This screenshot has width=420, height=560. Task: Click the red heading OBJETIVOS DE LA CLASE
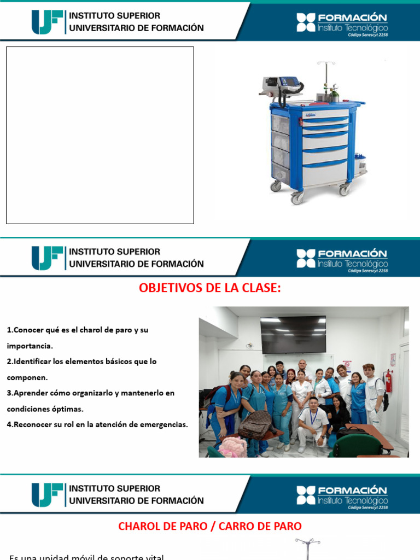click(209, 288)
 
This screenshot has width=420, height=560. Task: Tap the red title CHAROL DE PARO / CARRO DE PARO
click(209, 526)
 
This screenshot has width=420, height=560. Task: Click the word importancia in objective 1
click(29, 346)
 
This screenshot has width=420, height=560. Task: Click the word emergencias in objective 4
click(161, 424)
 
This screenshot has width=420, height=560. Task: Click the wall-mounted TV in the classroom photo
click(293, 334)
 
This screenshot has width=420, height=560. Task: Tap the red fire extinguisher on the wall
click(388, 381)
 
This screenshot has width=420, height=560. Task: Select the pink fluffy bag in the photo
click(232, 446)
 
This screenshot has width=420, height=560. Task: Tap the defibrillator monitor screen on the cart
click(290, 84)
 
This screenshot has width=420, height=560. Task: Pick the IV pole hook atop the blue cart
click(326, 64)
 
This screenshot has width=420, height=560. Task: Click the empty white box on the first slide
click(100, 135)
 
